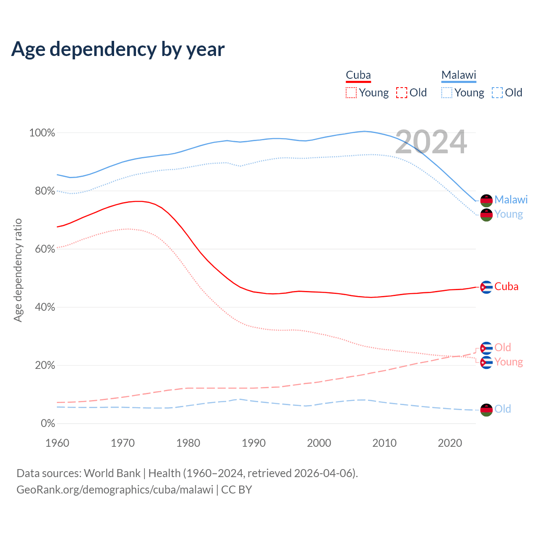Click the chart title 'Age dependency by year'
(118, 49)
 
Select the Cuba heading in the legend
(358, 75)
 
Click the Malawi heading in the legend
(459, 75)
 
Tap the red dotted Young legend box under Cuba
(351, 93)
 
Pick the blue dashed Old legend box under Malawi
(497, 93)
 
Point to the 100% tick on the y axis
(42, 133)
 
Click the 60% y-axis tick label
(45, 249)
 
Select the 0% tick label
(48, 424)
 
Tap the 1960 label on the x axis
(57, 443)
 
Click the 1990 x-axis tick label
(254, 443)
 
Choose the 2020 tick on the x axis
(450, 443)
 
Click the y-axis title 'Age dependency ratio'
(18, 270)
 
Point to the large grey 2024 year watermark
(431, 142)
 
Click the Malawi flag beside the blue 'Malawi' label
(486, 200)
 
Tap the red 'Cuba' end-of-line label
(506, 287)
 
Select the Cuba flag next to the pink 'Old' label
(486, 348)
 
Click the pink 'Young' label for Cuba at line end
(509, 362)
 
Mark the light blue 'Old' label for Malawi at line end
(503, 409)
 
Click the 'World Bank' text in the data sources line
(112, 473)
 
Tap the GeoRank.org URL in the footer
(115, 490)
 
